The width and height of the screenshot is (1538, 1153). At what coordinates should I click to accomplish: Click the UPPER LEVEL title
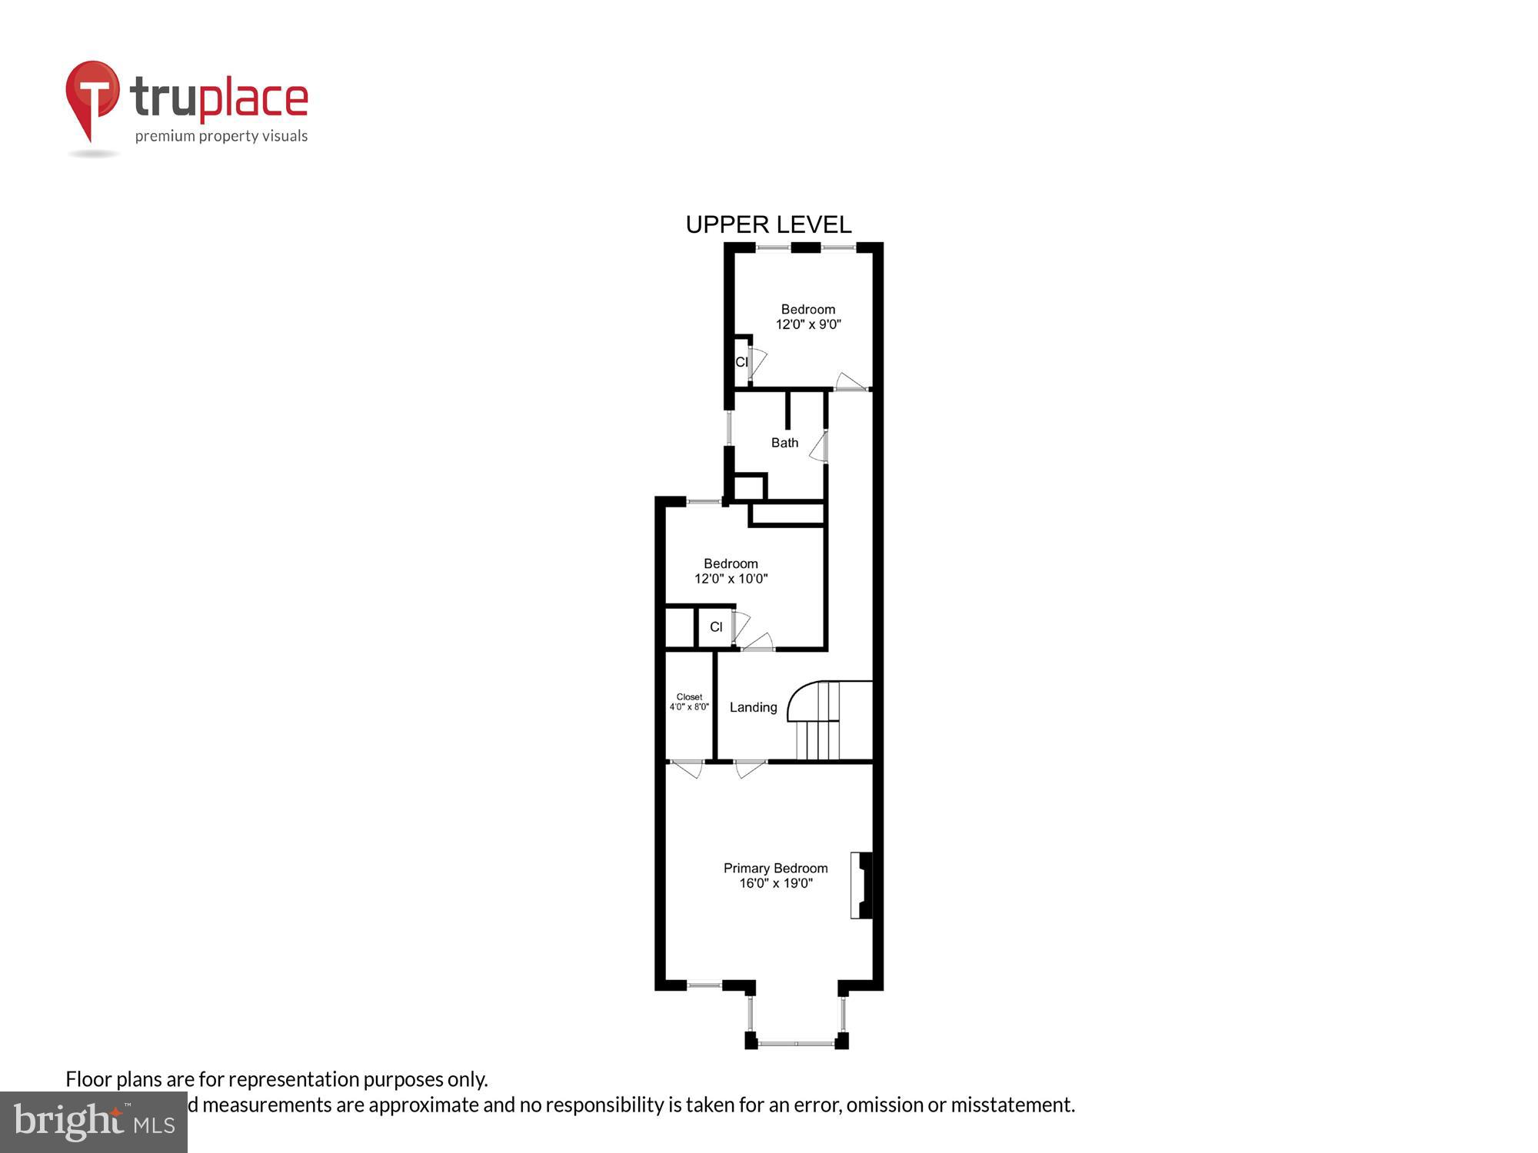pos(768,224)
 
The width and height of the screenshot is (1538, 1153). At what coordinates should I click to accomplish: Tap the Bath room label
pos(784,443)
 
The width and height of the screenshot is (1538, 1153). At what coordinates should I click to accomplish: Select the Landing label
pos(753,707)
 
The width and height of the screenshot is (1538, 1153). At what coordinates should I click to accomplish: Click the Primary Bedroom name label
pos(775,868)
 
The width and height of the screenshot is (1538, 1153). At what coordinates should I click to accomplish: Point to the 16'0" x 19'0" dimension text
pos(775,883)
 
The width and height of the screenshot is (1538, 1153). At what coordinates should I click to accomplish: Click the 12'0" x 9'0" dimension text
pos(807,324)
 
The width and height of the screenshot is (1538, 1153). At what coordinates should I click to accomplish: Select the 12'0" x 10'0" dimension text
pos(731,579)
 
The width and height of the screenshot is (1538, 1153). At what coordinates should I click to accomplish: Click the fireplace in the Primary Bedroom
pos(861,885)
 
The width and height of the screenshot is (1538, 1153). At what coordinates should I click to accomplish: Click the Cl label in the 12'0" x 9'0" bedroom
pos(741,362)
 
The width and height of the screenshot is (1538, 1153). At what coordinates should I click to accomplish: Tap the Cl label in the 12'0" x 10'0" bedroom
pos(716,627)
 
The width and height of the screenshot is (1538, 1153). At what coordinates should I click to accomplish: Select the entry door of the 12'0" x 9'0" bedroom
pos(851,382)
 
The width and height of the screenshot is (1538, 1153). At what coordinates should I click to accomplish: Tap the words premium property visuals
pos(221,137)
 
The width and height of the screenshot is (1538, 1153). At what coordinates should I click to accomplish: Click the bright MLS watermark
pos(94,1122)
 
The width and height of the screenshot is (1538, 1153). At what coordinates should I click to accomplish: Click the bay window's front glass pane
pos(797,1043)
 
